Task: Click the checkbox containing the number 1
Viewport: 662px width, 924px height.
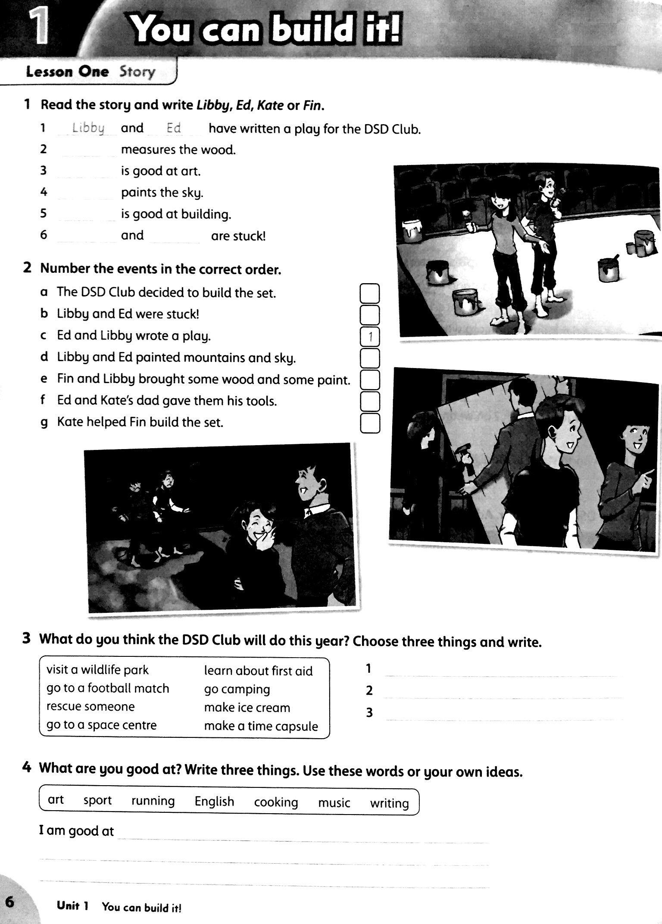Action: click(370, 337)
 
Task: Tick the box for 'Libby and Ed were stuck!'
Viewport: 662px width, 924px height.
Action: click(370, 315)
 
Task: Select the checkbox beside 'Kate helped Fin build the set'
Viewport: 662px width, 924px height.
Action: click(370, 423)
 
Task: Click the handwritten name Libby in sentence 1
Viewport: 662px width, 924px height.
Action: click(88, 128)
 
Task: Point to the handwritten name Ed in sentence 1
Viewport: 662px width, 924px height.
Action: click(173, 128)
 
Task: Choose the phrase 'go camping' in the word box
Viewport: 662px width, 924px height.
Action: click(237, 689)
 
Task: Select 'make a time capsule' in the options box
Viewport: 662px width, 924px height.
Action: click(261, 726)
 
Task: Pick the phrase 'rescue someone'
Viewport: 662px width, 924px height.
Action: click(91, 707)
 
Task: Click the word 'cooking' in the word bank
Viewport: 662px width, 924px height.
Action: click(276, 802)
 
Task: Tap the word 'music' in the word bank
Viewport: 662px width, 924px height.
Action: click(334, 802)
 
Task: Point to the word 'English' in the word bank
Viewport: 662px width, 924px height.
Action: click(214, 801)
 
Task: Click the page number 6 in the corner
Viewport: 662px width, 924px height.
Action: click(9, 902)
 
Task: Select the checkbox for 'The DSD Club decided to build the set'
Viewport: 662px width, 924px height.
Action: click(370, 293)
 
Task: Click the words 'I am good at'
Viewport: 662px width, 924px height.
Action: click(76, 830)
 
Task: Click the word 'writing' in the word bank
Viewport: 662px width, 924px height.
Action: click(389, 803)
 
